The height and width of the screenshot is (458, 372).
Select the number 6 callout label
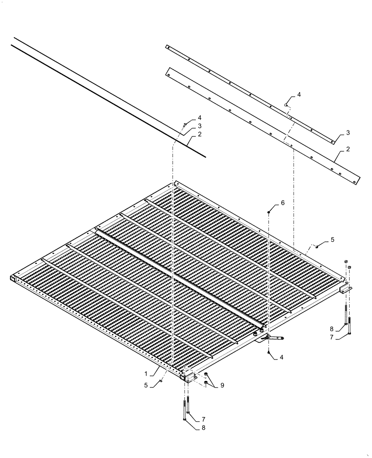tap(283, 202)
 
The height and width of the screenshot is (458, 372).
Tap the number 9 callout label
tap(222, 386)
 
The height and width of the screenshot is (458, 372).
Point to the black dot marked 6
tap(270, 212)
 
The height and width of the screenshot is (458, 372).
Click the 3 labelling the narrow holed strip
tap(348, 133)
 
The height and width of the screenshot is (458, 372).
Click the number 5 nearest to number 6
tap(332, 240)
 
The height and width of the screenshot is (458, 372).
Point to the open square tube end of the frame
tap(13, 278)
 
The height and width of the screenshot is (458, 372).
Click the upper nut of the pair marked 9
tap(206, 375)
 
